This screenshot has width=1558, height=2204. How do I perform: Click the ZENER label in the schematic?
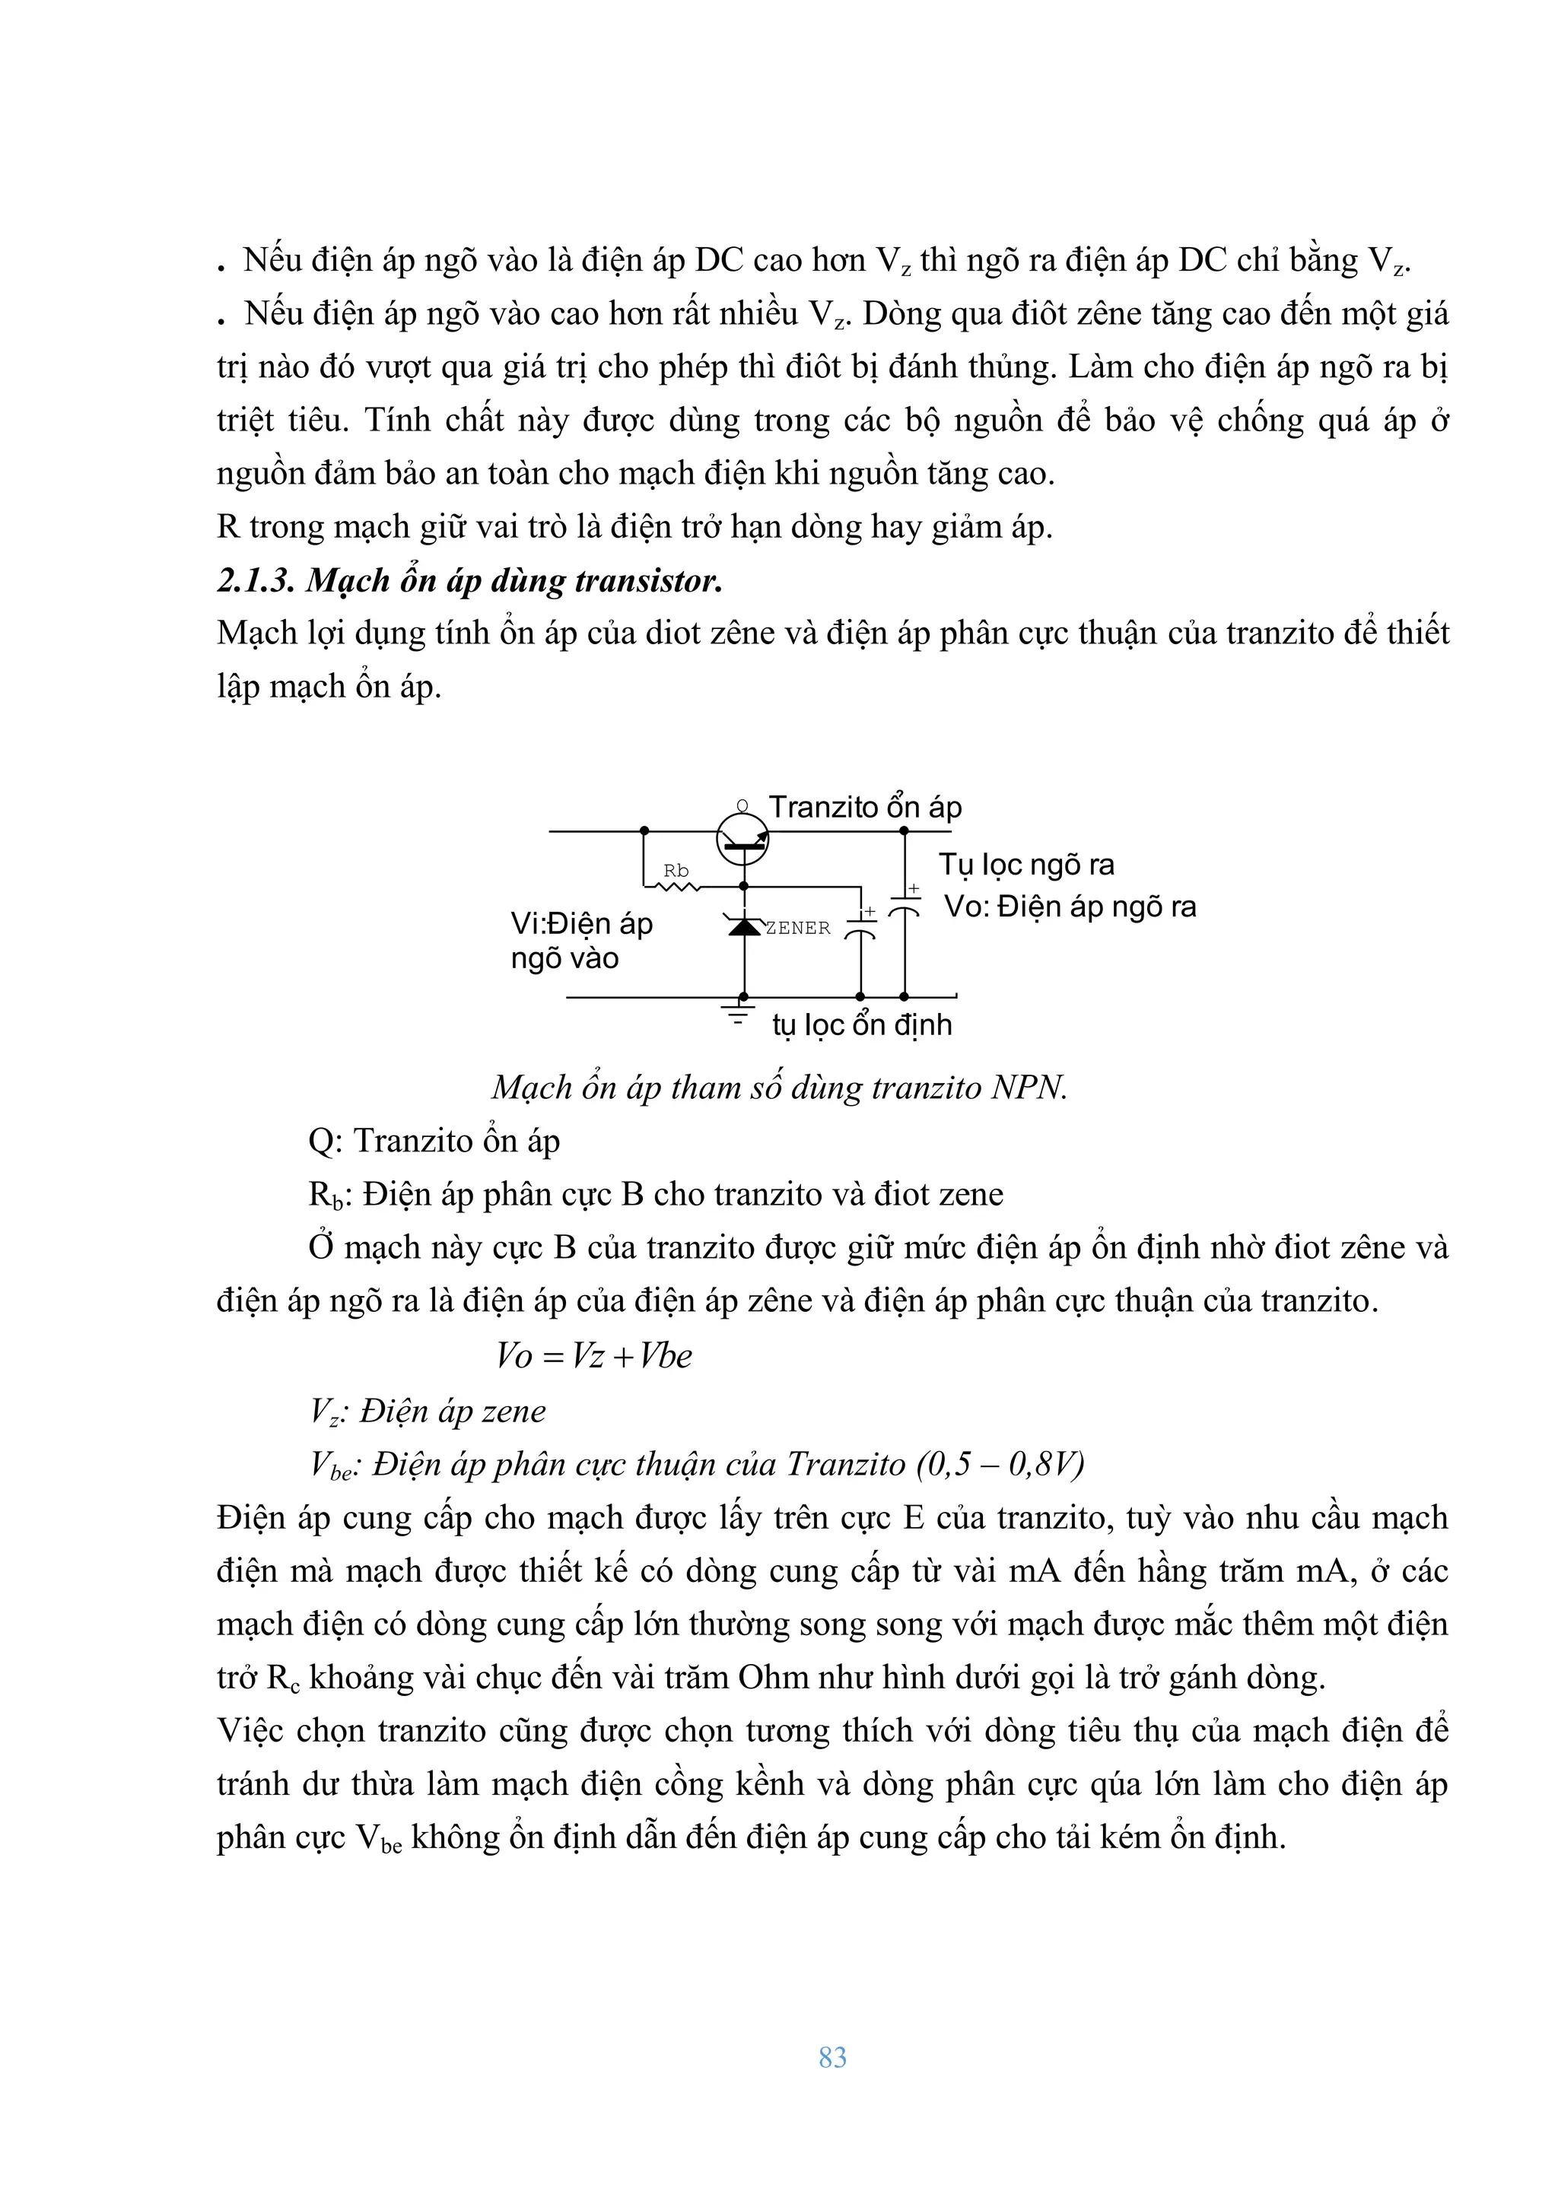tap(798, 929)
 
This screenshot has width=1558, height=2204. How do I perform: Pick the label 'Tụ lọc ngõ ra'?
tap(1026, 865)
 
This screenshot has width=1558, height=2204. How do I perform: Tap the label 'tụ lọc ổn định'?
tap(862, 1025)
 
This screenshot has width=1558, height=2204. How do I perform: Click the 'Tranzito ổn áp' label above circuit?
tap(865, 808)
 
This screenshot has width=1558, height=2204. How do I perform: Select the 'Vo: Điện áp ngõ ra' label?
tap(1070, 907)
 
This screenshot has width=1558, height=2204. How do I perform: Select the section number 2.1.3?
tap(256, 581)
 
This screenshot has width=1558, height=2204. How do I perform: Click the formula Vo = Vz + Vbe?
tap(594, 1356)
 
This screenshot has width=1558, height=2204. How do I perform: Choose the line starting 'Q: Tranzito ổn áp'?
tap(434, 1142)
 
